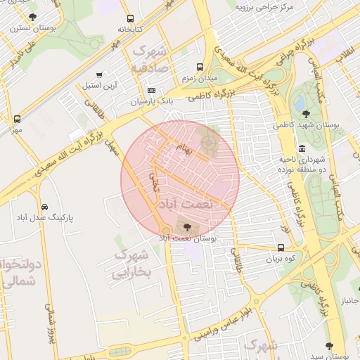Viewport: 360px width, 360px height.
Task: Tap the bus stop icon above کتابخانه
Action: point(129,19)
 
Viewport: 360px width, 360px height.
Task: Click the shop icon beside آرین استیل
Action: point(99,75)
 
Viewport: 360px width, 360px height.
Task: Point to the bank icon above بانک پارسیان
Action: point(151,91)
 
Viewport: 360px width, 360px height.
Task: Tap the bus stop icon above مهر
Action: point(17,119)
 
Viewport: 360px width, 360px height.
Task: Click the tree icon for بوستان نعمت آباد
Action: point(186,226)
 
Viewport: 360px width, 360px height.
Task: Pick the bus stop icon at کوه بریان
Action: point(281,247)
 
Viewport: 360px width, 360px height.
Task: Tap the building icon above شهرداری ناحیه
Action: point(302,148)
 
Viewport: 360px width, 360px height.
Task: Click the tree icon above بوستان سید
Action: point(329,346)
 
